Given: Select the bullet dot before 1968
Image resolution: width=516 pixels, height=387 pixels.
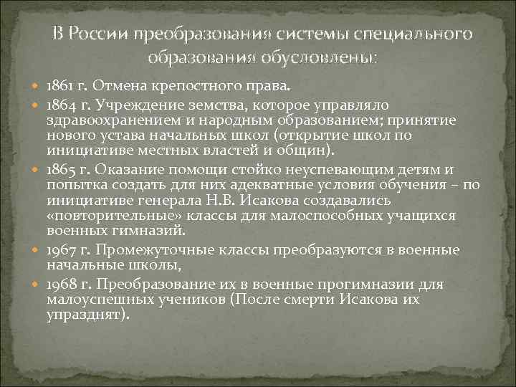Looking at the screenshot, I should [37, 285].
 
